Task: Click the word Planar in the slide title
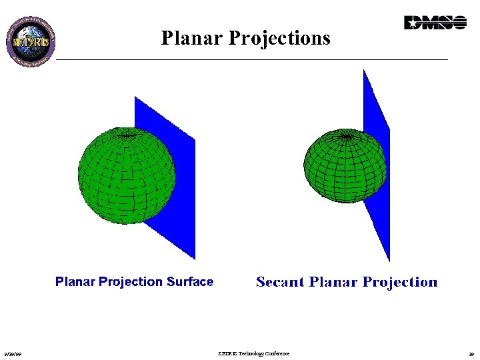(191, 38)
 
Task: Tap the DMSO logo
(435, 23)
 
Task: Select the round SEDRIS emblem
(31, 39)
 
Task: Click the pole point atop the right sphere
(346, 136)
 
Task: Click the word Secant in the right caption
(280, 282)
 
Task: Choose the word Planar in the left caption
(75, 282)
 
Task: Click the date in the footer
(11, 354)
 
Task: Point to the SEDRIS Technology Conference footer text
(253, 353)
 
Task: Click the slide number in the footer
(471, 354)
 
